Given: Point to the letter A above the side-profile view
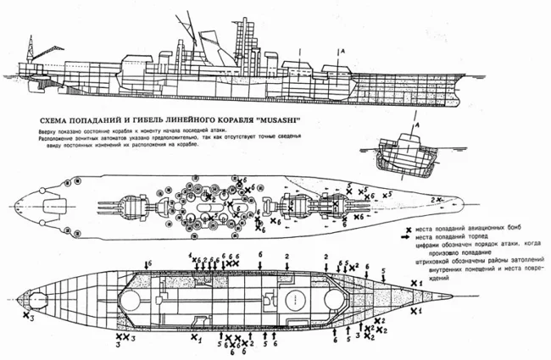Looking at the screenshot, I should click(342, 52).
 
